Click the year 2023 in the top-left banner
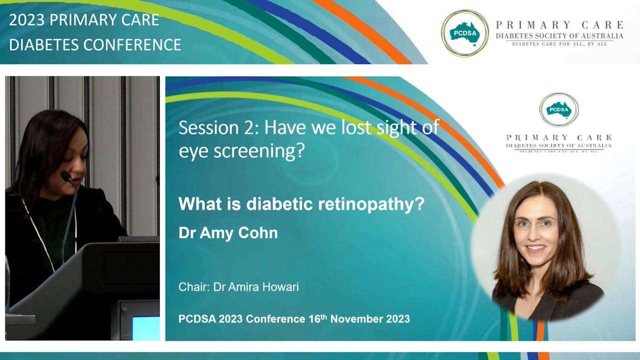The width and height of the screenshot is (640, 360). (27, 20)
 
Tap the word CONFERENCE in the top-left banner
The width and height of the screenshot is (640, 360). (132, 44)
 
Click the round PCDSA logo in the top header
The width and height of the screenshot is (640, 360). (464, 33)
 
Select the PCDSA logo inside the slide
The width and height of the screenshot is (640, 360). (558, 109)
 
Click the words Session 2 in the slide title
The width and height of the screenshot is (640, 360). (218, 127)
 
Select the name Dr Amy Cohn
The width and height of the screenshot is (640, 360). (228, 233)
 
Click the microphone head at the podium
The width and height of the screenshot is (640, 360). (65, 176)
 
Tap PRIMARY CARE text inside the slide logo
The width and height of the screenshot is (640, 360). (558, 137)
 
